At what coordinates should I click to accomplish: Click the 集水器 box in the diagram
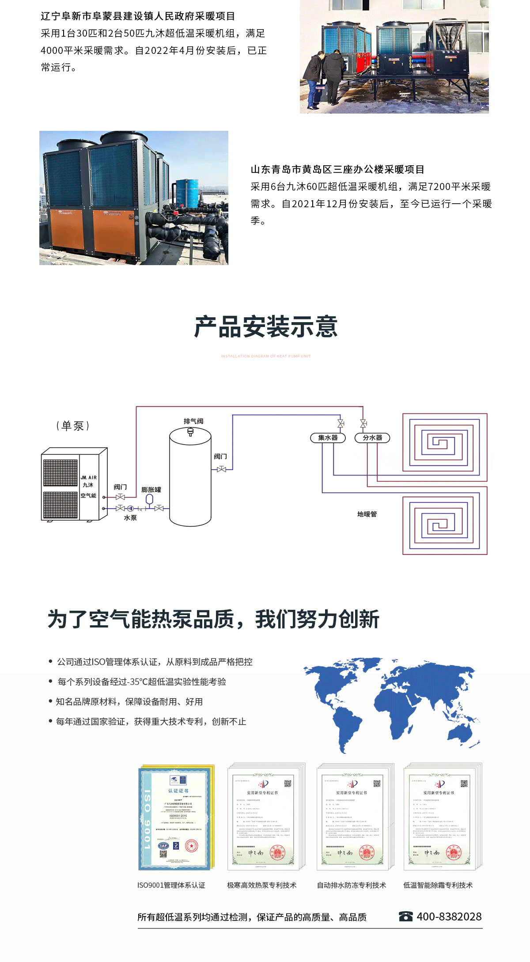[x=328, y=437]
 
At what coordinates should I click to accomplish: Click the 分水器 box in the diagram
[x=372, y=437]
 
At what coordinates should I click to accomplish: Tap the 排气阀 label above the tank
[x=193, y=421]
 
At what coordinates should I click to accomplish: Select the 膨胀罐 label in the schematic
[x=151, y=490]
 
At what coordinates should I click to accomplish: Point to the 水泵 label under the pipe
[x=130, y=518]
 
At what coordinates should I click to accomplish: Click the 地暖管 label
[x=367, y=514]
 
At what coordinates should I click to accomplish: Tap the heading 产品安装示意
[x=266, y=327]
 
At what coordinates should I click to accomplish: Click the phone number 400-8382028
[x=449, y=916]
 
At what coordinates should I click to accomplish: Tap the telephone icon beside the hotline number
[x=405, y=916]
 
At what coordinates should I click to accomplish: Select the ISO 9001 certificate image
[x=176, y=818]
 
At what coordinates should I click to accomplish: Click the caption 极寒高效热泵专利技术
[x=262, y=885]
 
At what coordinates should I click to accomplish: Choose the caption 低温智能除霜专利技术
[x=438, y=885]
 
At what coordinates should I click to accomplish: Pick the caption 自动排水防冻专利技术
[x=352, y=885]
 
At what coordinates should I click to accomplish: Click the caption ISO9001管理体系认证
[x=171, y=885]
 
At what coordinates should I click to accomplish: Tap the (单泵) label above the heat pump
[x=73, y=426]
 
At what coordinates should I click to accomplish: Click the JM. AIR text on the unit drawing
[x=88, y=478]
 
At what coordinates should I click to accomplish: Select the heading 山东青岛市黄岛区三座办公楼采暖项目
[x=337, y=169]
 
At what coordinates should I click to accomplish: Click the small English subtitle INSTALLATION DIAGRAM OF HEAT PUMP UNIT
[x=266, y=356]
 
